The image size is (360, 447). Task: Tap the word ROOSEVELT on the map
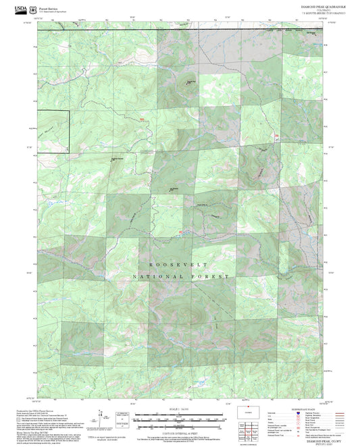coord(180,265)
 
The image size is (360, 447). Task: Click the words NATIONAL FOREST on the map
coord(180,277)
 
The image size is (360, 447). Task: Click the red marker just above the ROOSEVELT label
coord(180,234)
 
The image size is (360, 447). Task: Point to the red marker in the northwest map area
coord(141,120)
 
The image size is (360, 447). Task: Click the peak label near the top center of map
coord(191,82)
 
